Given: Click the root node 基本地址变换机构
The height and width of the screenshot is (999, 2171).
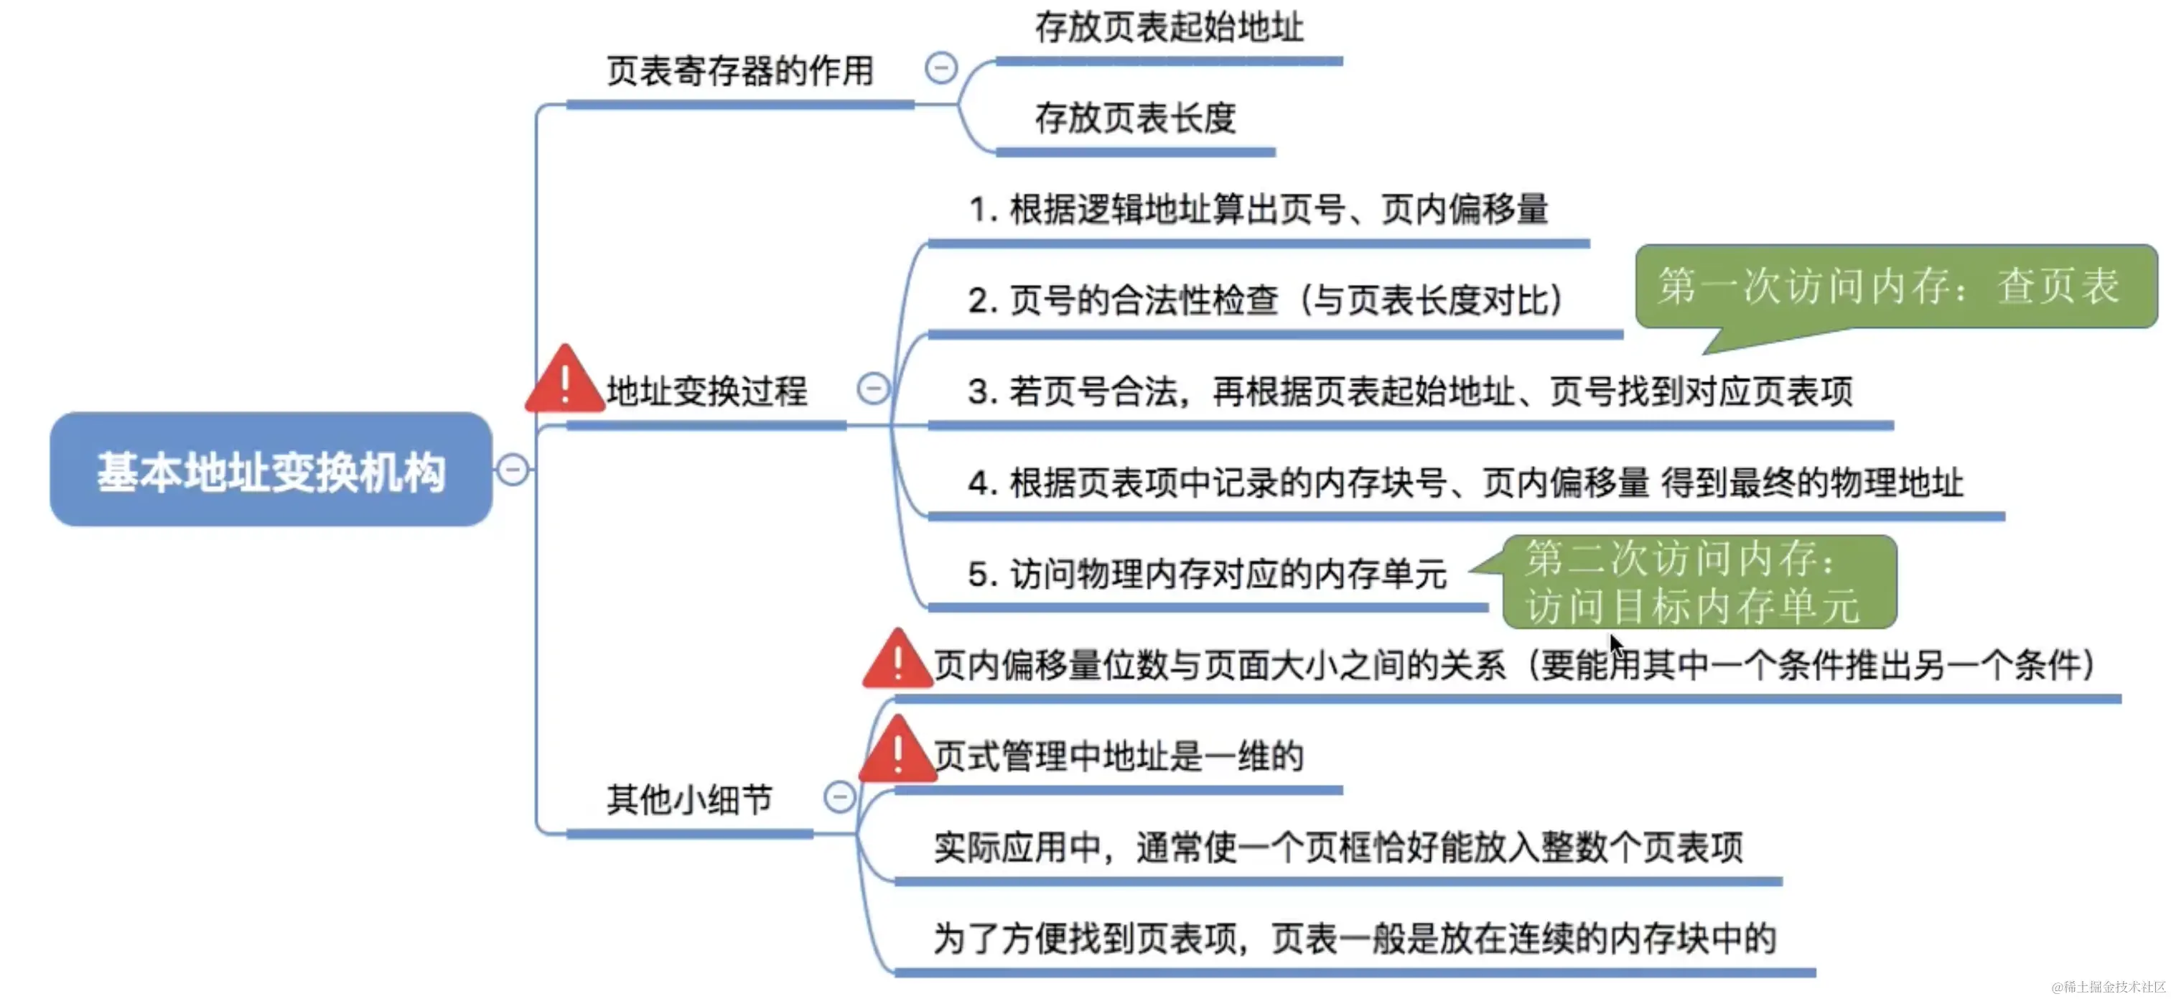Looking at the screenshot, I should click(x=271, y=470).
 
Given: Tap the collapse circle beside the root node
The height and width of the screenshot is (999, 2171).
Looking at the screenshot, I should click(x=513, y=470).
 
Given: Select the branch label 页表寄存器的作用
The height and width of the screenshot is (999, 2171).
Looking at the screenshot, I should click(x=740, y=71).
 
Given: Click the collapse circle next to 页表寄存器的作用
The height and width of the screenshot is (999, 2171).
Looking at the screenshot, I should click(x=940, y=68).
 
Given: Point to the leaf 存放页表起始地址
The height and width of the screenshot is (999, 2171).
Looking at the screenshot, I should click(x=1169, y=27).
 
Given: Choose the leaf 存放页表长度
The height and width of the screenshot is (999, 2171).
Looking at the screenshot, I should click(x=1134, y=118).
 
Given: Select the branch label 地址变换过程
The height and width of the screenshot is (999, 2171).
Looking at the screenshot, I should click(x=706, y=391).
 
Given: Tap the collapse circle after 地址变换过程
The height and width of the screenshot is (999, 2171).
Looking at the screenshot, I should click(x=872, y=389).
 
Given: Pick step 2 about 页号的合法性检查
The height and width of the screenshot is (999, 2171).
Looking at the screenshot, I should click(x=1264, y=300).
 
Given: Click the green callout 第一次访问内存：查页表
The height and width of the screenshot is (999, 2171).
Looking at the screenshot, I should click(x=1895, y=287).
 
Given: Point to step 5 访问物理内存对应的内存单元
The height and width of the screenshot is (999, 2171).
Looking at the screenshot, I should click(x=1207, y=574).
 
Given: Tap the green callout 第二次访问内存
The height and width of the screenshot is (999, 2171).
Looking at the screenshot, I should click(x=1698, y=582).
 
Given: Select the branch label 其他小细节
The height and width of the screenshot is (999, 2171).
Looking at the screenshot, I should click(x=689, y=799).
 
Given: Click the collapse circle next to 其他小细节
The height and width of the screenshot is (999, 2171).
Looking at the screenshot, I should click(x=839, y=796).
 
